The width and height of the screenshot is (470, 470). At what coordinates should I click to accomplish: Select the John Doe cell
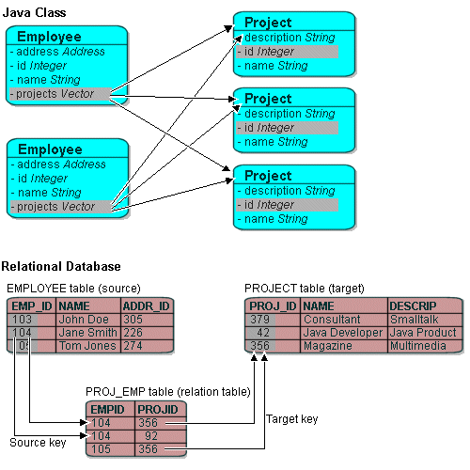click(x=84, y=320)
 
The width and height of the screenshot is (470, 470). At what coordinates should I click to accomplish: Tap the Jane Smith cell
click(x=87, y=333)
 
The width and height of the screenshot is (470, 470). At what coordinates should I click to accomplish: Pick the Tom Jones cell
click(x=87, y=346)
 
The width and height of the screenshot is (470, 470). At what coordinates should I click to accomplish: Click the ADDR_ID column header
click(x=146, y=306)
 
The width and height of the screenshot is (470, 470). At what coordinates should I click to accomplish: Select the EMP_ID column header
click(x=31, y=306)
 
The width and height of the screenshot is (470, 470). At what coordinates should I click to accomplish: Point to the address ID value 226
click(x=133, y=333)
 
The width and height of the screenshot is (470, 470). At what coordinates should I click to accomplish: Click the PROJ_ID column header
click(x=272, y=306)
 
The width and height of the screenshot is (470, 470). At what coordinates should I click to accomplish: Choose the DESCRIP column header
click(x=415, y=306)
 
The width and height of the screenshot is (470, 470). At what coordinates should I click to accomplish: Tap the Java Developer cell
click(x=342, y=333)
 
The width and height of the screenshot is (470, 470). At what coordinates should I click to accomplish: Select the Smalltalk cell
click(x=414, y=320)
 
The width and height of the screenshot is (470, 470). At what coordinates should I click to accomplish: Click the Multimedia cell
click(x=416, y=346)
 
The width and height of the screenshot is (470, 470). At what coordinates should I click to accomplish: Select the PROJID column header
click(x=157, y=410)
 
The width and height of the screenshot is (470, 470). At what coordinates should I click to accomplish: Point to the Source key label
click(x=38, y=442)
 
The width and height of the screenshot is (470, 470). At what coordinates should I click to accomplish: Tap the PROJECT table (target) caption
click(x=304, y=288)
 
